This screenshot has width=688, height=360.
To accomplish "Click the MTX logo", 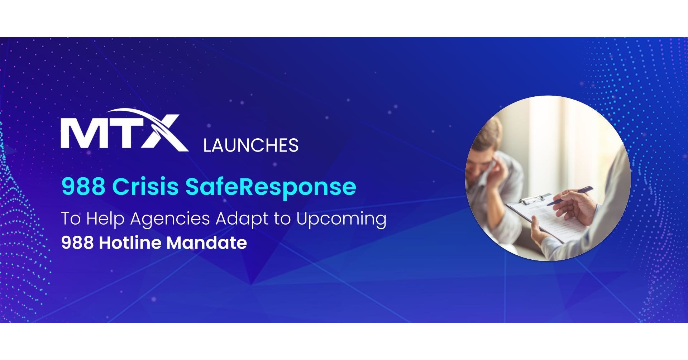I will coord(124,131).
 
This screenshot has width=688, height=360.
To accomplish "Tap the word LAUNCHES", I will coord(250,145).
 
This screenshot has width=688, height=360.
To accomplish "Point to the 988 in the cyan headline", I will coord(83,187).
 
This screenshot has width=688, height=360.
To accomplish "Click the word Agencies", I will coord(170,219).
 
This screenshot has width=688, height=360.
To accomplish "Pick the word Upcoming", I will coord(341,219).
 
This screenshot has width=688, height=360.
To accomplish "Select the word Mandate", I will coord(207,243).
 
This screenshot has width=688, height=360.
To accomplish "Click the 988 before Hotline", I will coord(77,243).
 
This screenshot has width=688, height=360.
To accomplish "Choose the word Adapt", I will coord(244,219).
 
